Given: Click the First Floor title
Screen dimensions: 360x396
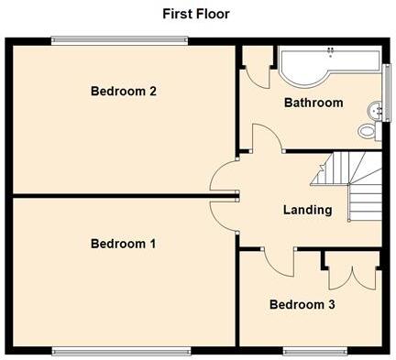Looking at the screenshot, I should coord(196,14).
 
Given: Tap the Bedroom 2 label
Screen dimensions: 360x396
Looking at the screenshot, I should coord(124,91).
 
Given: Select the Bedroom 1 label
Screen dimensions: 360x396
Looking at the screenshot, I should coord(124,244).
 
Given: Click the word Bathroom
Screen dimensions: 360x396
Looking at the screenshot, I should coord(313,103).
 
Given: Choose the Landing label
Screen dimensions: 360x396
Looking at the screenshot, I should coord(307,210).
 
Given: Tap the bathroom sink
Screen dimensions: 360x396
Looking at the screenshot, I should coord(373,112).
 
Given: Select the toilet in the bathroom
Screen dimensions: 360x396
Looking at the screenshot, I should coord(368,131).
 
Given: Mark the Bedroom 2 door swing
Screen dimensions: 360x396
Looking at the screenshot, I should coord(224,177).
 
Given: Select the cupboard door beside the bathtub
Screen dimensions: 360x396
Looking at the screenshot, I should coord(258,71).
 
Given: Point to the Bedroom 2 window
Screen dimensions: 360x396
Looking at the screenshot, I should coord(119,38).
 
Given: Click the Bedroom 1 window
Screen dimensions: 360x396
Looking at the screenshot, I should coord(122,349).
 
